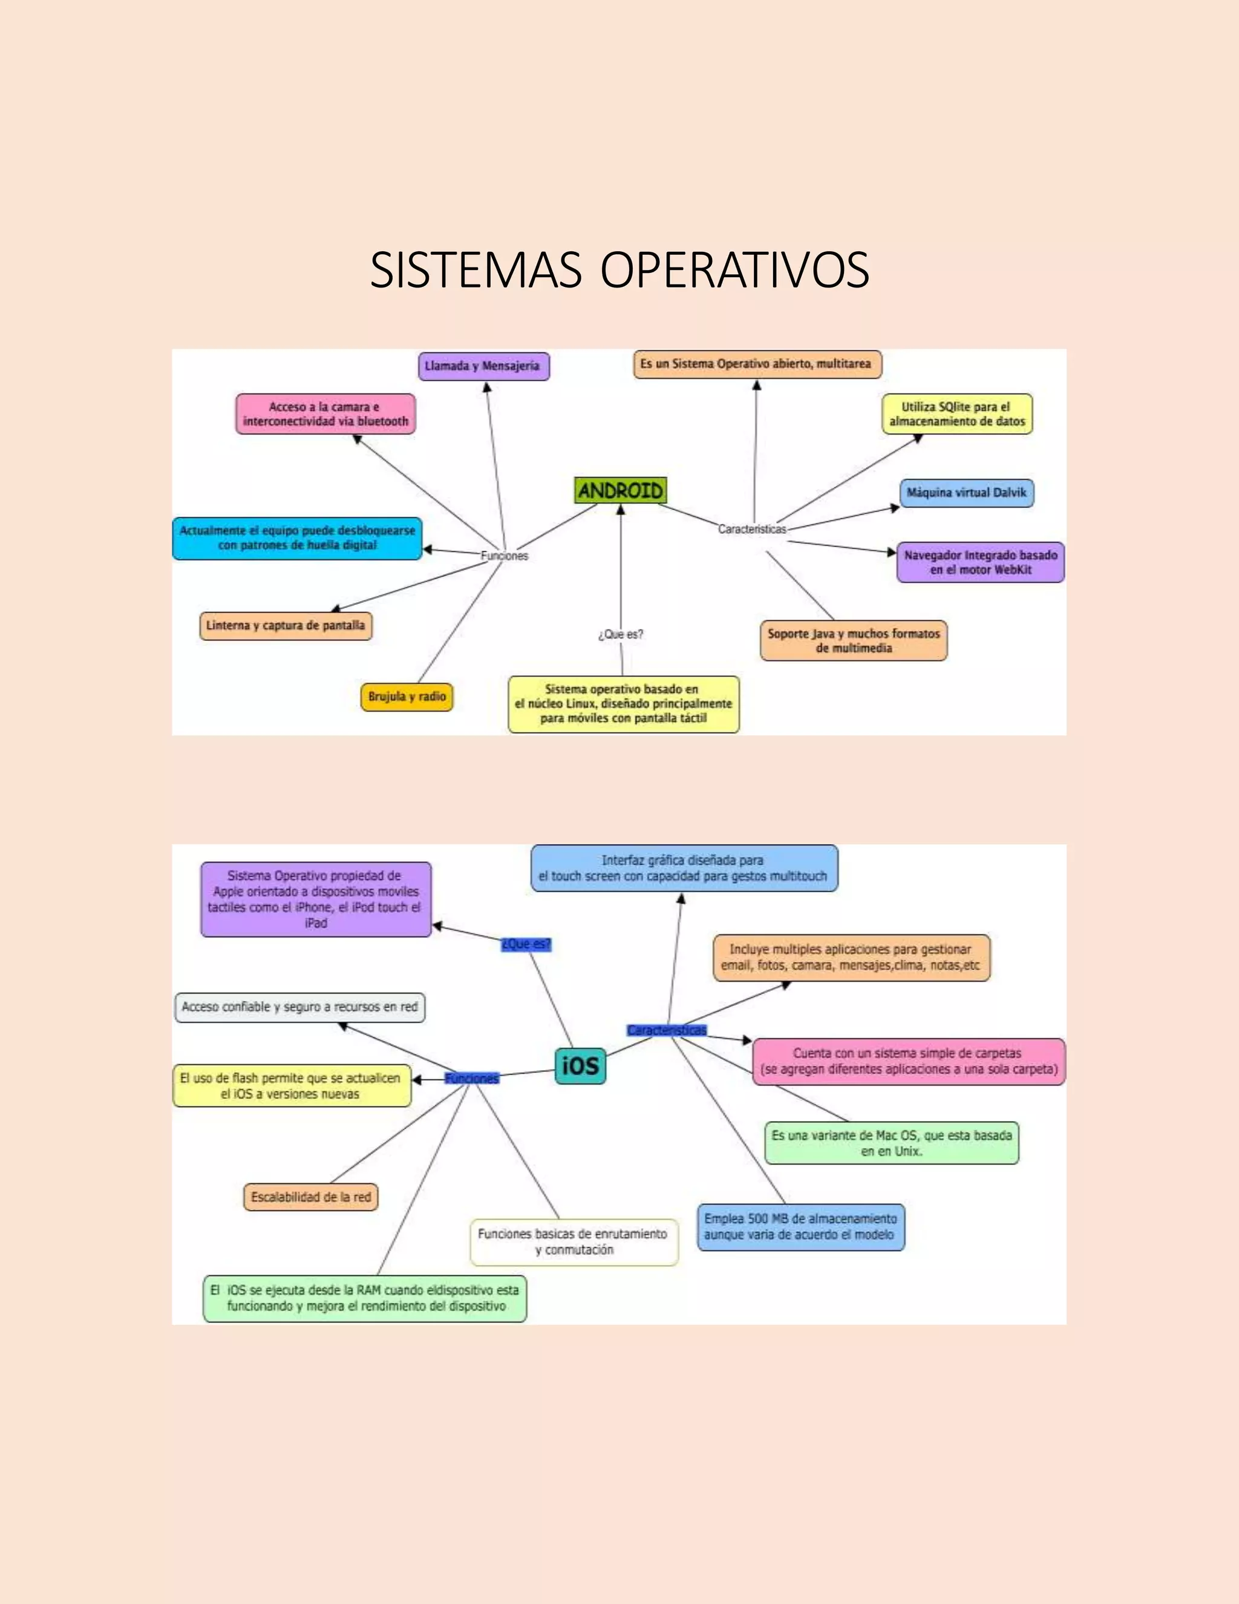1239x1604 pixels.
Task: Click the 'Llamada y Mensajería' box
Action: (x=483, y=366)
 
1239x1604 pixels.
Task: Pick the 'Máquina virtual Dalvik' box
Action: (x=967, y=493)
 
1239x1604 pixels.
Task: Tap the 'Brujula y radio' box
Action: (x=407, y=696)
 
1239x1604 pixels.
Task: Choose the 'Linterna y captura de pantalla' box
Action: (x=286, y=626)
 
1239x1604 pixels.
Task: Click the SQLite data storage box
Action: (x=957, y=414)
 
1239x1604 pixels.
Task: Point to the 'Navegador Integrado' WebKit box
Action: (x=981, y=562)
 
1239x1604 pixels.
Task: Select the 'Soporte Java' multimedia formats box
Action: (x=854, y=640)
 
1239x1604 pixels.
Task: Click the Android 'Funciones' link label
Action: (x=505, y=556)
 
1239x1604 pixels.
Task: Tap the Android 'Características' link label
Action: (x=751, y=529)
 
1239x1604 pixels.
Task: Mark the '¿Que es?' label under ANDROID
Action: (x=621, y=634)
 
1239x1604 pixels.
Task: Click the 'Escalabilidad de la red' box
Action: (x=311, y=1197)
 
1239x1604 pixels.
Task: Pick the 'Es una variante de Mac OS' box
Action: (x=892, y=1143)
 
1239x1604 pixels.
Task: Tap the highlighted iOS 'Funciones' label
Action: (x=472, y=1078)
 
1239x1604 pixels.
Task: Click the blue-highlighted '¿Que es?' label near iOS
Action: (x=526, y=944)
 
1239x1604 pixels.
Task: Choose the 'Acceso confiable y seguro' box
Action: (x=299, y=1007)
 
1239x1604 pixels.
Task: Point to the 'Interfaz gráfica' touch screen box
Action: (x=684, y=868)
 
